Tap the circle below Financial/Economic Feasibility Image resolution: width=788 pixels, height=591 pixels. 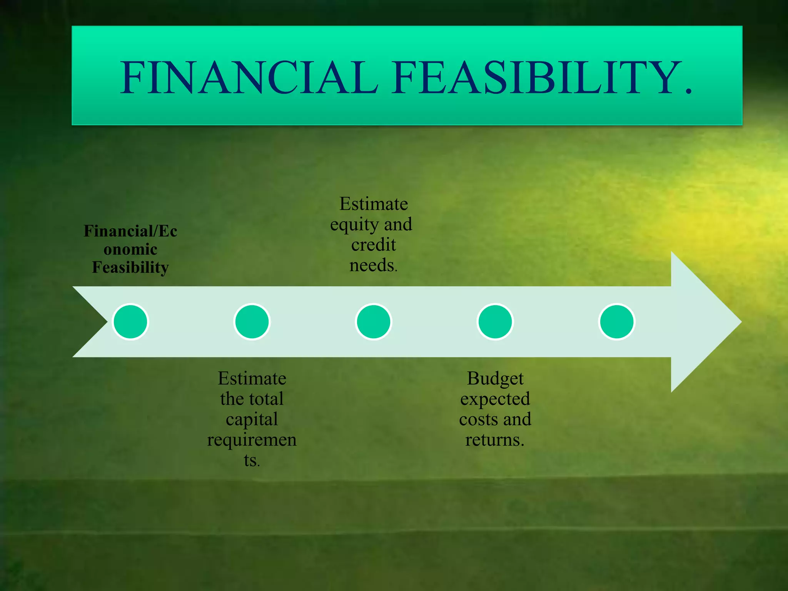(130, 322)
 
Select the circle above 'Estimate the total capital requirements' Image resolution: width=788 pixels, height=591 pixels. (252, 322)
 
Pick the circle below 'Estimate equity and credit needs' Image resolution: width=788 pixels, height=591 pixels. (374, 322)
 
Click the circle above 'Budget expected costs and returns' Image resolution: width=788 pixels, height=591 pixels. (495, 322)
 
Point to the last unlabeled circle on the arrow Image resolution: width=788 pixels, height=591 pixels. (617, 322)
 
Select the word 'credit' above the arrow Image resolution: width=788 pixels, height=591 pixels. (374, 245)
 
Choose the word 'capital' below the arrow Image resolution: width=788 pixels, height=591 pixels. (252, 419)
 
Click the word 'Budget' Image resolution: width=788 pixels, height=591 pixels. (495, 379)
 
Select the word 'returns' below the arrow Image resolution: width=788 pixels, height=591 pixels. (494, 440)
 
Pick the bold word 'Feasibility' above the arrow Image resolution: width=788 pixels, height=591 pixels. (130, 267)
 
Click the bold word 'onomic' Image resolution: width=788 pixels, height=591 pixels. (130, 249)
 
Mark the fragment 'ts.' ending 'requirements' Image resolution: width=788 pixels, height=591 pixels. (252, 460)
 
